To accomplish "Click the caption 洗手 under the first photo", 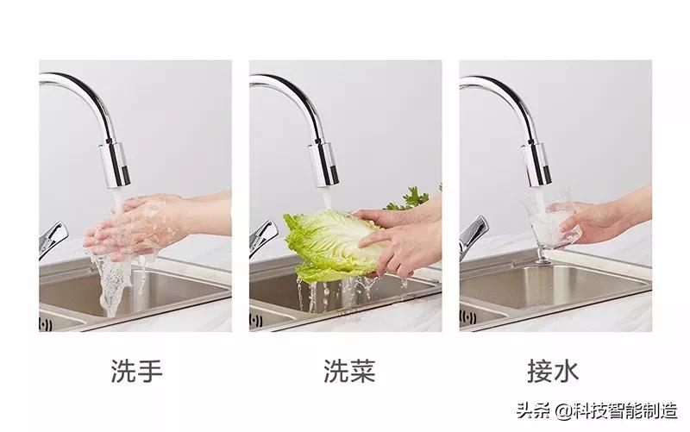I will coord(136,372).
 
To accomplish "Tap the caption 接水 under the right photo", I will coord(553,372).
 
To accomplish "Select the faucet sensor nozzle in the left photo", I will coord(114,164).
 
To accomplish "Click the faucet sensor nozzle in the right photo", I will coord(536,164).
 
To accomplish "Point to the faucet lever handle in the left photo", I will coord(51,237).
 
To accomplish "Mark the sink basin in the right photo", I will coord(552,289).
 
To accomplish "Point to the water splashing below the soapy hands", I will coord(112,285).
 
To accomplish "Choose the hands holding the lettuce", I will coord(397,237).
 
